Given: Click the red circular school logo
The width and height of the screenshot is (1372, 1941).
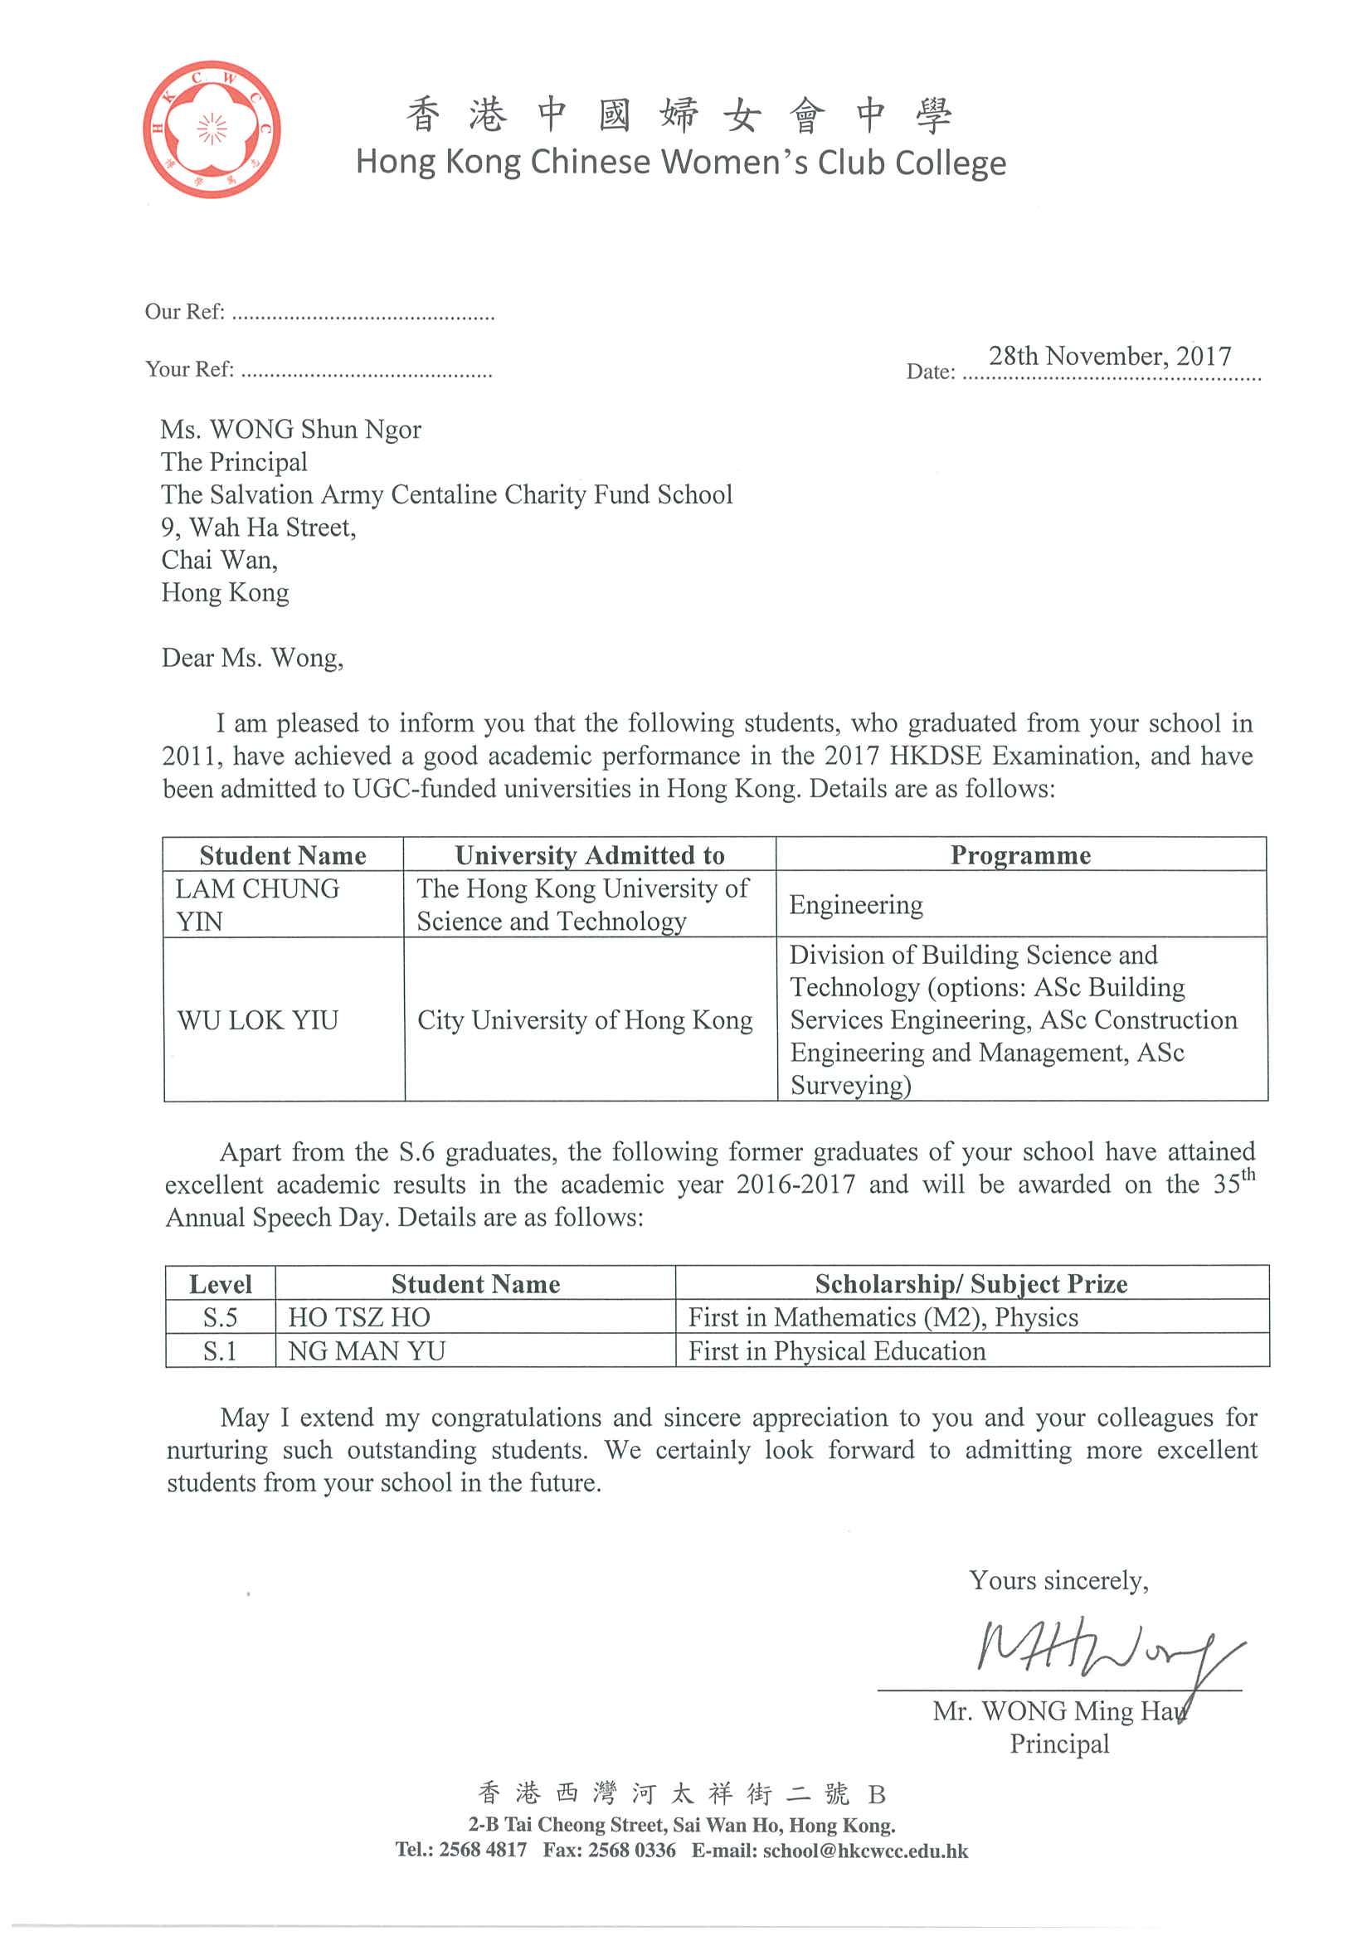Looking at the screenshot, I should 212,129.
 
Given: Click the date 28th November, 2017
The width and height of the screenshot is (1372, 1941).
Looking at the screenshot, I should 1109,356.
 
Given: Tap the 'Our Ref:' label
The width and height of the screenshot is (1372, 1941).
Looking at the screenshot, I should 184,312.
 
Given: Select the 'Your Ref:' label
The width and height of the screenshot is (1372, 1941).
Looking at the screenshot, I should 189,369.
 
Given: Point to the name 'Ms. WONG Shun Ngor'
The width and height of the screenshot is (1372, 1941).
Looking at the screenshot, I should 290,430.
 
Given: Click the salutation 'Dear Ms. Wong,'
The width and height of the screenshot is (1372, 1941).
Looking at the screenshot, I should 252,658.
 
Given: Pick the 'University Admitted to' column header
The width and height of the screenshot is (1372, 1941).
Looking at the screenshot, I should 589,855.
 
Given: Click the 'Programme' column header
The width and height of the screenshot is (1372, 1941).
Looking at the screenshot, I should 1020,855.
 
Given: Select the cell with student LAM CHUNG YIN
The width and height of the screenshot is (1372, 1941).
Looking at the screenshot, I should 257,905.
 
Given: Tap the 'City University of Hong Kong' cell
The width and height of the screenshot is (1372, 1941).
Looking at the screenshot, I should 584,1020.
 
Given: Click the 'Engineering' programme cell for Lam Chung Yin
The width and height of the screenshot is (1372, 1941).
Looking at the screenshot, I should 855,906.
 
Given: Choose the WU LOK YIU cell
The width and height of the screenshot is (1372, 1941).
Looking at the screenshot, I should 257,1020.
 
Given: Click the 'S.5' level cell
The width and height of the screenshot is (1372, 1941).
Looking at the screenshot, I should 220,1317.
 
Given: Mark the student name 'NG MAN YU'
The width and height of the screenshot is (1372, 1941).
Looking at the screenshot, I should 366,1351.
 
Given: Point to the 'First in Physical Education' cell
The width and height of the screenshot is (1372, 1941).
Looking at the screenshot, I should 836,1351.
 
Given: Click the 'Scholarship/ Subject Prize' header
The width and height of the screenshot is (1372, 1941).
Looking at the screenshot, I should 971,1284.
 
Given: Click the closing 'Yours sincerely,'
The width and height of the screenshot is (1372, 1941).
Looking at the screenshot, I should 1058,1580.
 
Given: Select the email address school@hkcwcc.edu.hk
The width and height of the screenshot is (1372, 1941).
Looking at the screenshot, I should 865,1851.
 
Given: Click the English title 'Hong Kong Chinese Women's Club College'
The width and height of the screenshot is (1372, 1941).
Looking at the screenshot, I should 680,163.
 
